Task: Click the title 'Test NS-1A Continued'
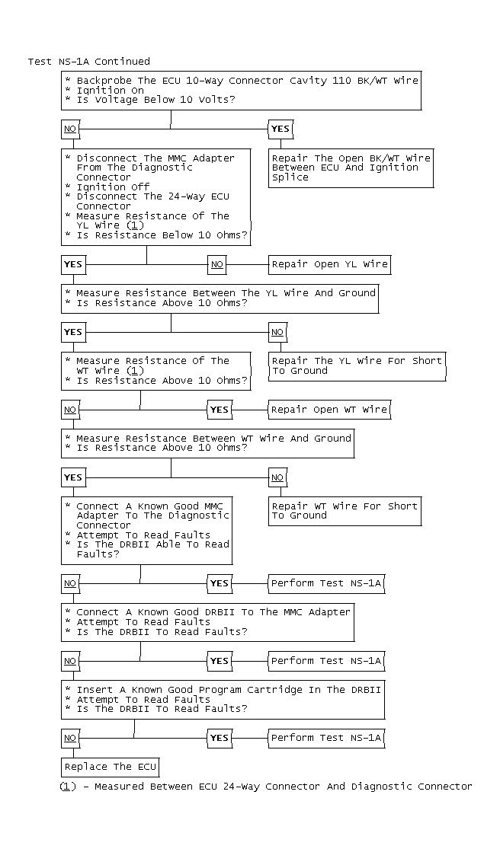89,62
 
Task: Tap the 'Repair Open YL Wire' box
329,264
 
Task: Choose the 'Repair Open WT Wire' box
329,410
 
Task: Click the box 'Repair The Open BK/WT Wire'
351,168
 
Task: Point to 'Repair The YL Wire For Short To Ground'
357,365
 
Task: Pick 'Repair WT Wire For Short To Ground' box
345,510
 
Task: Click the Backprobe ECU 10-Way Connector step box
242,90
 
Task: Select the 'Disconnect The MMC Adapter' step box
156,196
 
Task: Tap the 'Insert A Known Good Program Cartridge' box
223,699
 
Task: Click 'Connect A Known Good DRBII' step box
207,621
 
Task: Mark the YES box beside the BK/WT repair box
280,129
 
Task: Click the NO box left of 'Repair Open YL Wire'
217,264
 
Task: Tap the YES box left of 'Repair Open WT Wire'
219,410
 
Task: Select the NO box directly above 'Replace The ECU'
70,738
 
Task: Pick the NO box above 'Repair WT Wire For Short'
277,477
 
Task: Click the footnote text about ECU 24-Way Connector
266,786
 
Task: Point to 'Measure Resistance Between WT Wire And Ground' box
207,442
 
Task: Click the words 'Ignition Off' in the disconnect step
113,187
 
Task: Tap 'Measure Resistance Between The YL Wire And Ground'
220,298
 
